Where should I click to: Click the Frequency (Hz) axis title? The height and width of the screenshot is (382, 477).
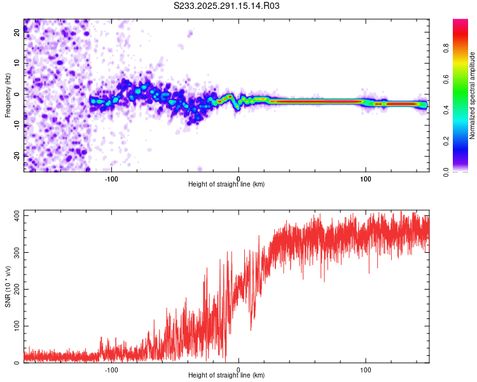point(8,95)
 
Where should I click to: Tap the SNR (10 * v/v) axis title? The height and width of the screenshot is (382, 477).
point(8,286)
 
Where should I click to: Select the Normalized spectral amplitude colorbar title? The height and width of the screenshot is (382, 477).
point(473,95)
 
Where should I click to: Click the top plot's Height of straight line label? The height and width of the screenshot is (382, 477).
point(226,184)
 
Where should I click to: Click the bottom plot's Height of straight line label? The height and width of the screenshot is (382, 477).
point(226,375)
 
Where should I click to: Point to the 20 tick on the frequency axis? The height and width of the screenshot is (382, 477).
point(17,34)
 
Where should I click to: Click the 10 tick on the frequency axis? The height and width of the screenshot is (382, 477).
point(17,64)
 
